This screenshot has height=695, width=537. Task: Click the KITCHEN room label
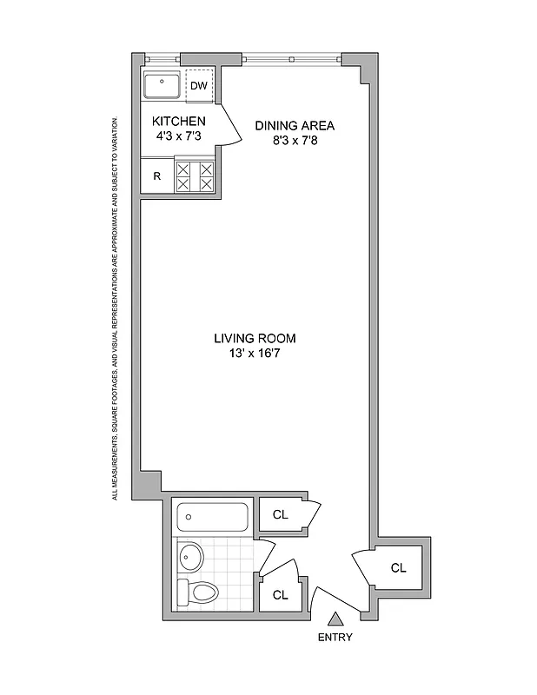(178, 121)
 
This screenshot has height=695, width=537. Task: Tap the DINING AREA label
(294, 125)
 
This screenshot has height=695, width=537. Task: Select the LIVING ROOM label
(261, 338)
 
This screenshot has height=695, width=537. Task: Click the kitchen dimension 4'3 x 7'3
(178, 136)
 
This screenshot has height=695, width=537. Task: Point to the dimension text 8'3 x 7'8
(294, 141)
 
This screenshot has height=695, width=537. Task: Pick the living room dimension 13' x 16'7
(261, 353)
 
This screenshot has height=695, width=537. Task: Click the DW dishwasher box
(199, 85)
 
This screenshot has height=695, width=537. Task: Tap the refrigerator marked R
(157, 175)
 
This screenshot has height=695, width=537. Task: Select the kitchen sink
(161, 86)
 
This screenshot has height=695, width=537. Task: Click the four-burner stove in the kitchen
(195, 175)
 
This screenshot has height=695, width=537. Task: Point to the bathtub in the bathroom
(213, 519)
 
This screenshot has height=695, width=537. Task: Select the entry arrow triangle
(335, 619)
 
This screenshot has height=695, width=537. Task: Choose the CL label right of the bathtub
(280, 513)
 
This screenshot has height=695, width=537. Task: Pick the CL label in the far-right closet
(398, 568)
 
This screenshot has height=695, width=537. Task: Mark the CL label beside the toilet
(280, 595)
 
